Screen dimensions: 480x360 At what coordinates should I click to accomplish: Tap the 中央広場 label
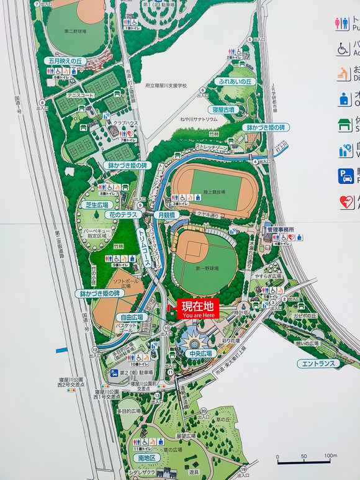click(x=200, y=353)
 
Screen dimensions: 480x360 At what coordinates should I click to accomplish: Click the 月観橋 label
click(x=166, y=214)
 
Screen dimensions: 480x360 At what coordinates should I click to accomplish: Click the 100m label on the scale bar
click(x=330, y=456)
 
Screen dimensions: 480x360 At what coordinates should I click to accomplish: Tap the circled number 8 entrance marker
click(x=42, y=103)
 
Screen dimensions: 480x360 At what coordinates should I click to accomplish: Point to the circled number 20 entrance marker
click(x=204, y=411)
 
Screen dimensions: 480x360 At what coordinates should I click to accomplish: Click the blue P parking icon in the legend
click(x=346, y=176)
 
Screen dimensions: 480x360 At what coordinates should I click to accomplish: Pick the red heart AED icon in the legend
click(x=346, y=202)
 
